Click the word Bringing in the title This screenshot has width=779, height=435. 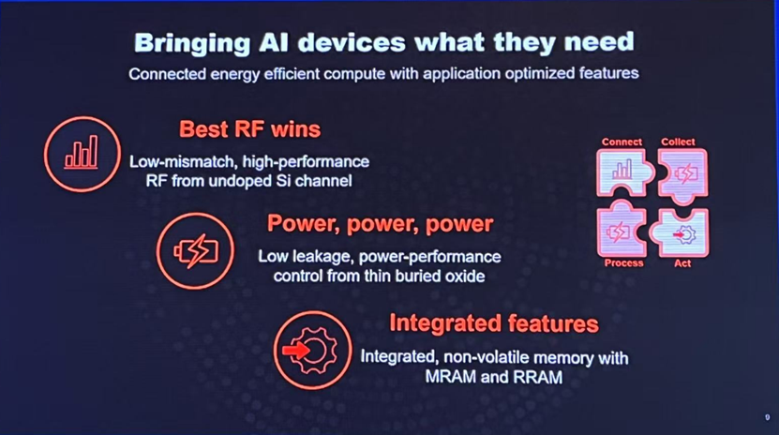192,43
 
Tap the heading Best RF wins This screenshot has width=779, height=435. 250,129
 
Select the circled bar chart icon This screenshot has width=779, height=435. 82,154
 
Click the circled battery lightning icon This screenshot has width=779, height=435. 195,250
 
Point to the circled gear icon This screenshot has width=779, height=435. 312,350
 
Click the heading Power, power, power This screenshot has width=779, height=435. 380,223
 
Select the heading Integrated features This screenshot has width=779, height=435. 494,323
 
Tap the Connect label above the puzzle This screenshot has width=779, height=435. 622,142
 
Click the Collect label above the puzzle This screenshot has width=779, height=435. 678,142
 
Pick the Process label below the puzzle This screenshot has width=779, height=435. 623,263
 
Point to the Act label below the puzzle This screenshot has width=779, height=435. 682,263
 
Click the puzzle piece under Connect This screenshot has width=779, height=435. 623,172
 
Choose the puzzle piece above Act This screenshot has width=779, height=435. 681,232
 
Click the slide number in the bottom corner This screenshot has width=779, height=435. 767,417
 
